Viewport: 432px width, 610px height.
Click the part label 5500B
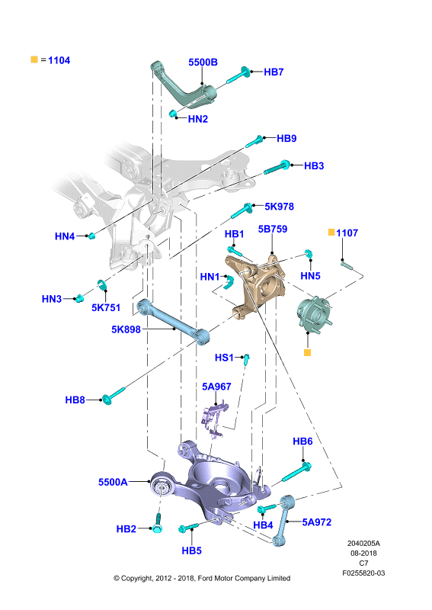(203, 63)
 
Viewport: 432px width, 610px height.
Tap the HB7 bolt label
(274, 72)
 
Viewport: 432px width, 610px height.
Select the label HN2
(198, 119)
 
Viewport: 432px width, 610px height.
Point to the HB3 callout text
(314, 165)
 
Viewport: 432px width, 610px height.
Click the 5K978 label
(279, 207)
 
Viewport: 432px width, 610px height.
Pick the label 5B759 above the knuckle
(273, 230)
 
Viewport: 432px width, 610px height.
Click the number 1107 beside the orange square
(347, 233)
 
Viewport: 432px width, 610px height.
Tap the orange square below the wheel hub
(307, 353)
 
